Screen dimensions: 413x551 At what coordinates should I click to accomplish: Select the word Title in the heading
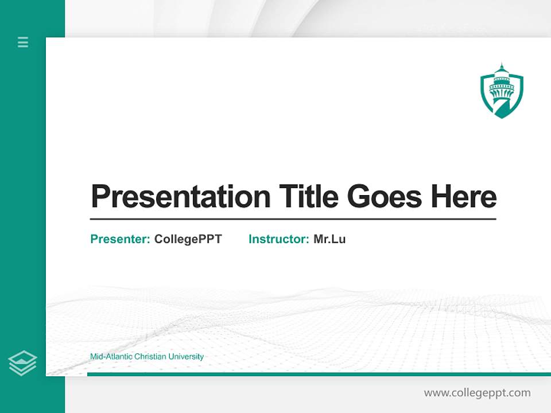pos(309,197)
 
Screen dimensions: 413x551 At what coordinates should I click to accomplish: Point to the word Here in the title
pos(464,197)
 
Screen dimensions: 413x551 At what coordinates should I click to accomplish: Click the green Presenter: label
pos(120,239)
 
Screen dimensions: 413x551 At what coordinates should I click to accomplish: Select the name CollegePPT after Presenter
pos(188,239)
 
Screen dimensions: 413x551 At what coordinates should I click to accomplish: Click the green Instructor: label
pos(278,239)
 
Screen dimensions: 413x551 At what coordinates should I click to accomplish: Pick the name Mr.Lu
pos(329,239)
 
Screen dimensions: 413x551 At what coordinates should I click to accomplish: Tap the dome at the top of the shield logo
pos(502,71)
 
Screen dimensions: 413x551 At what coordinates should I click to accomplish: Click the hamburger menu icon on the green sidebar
pos(23,42)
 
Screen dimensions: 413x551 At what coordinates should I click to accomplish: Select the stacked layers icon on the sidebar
pos(22,363)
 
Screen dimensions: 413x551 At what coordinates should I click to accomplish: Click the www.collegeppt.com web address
pos(477,393)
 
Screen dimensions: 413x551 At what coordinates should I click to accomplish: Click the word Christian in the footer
pos(150,357)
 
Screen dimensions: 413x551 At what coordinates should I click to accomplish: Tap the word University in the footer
pos(186,357)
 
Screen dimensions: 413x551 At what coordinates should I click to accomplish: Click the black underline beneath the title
pos(293,219)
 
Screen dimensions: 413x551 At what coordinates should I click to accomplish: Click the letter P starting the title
pos(100,197)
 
